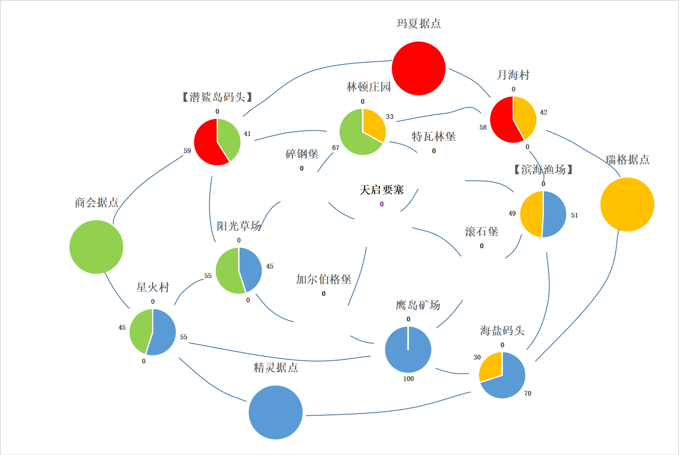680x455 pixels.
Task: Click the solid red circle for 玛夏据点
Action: tap(418, 68)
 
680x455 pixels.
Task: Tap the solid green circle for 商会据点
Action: tap(96, 247)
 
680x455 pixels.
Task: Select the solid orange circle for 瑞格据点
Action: tap(627, 204)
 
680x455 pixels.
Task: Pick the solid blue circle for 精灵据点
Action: tap(276, 412)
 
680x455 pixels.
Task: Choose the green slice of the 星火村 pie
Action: tap(141, 330)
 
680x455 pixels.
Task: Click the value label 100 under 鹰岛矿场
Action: tap(408, 379)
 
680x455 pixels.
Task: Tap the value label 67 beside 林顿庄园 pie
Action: tap(336, 148)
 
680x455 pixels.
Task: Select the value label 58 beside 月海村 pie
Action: tap(483, 127)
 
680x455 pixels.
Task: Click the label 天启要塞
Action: tap(381, 190)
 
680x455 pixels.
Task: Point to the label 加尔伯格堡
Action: tap(323, 279)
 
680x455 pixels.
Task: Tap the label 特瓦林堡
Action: tap(434, 137)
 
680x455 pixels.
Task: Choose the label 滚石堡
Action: tap(481, 231)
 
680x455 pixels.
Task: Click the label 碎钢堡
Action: tap(302, 154)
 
